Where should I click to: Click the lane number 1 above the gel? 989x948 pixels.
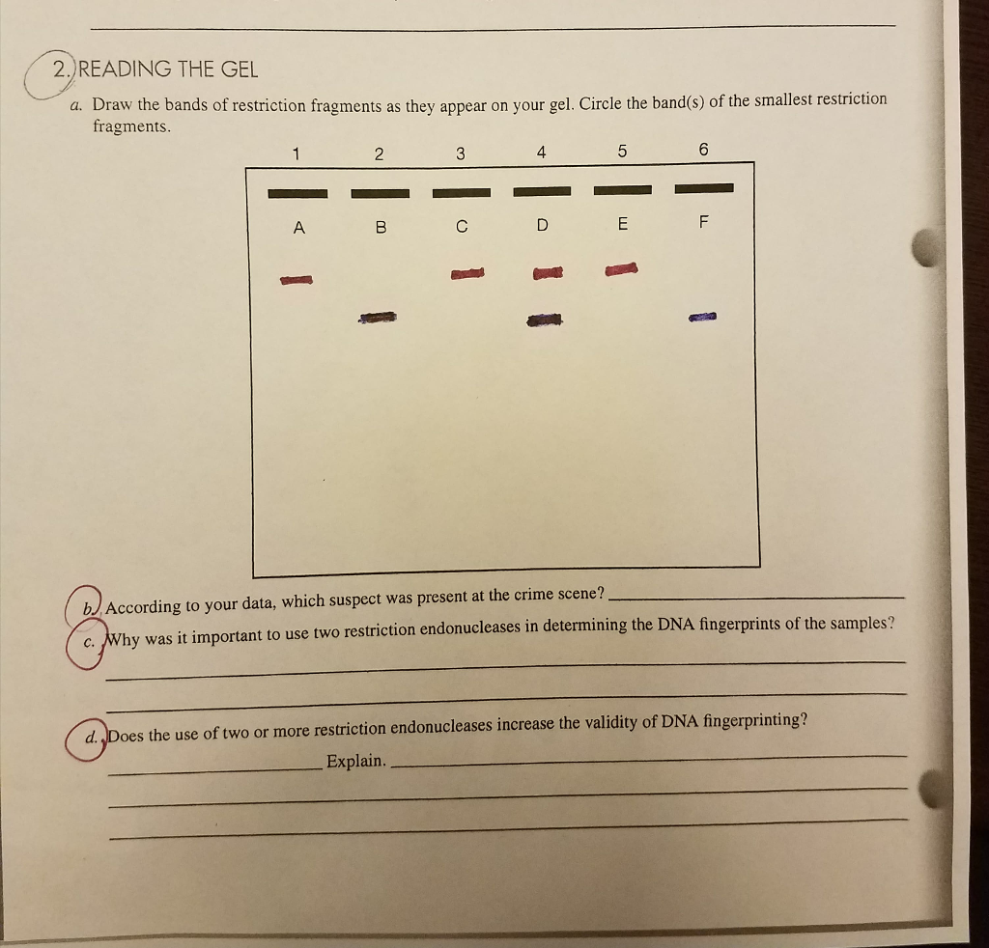pyautogui.click(x=297, y=153)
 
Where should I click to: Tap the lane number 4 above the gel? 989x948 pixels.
pyautogui.click(x=541, y=152)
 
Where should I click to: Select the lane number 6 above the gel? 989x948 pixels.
pyautogui.click(x=703, y=150)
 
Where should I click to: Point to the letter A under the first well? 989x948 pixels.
pyautogui.click(x=298, y=228)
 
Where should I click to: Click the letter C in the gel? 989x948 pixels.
pyautogui.click(x=461, y=227)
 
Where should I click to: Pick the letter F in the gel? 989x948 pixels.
pyautogui.click(x=703, y=222)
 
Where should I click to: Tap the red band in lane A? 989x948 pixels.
pyautogui.click(x=297, y=280)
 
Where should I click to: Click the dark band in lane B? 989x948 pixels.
pyautogui.click(x=379, y=317)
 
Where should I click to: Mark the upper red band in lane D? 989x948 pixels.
pyautogui.click(x=547, y=275)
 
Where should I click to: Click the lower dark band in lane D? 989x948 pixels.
pyautogui.click(x=546, y=320)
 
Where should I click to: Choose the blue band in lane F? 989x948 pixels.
pyautogui.click(x=703, y=316)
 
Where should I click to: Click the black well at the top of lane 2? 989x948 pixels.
pyautogui.click(x=380, y=193)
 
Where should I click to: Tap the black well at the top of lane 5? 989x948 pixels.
pyautogui.click(x=623, y=189)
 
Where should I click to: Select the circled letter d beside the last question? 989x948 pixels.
pyautogui.click(x=90, y=737)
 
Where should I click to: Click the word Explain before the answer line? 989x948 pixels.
pyautogui.click(x=355, y=761)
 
